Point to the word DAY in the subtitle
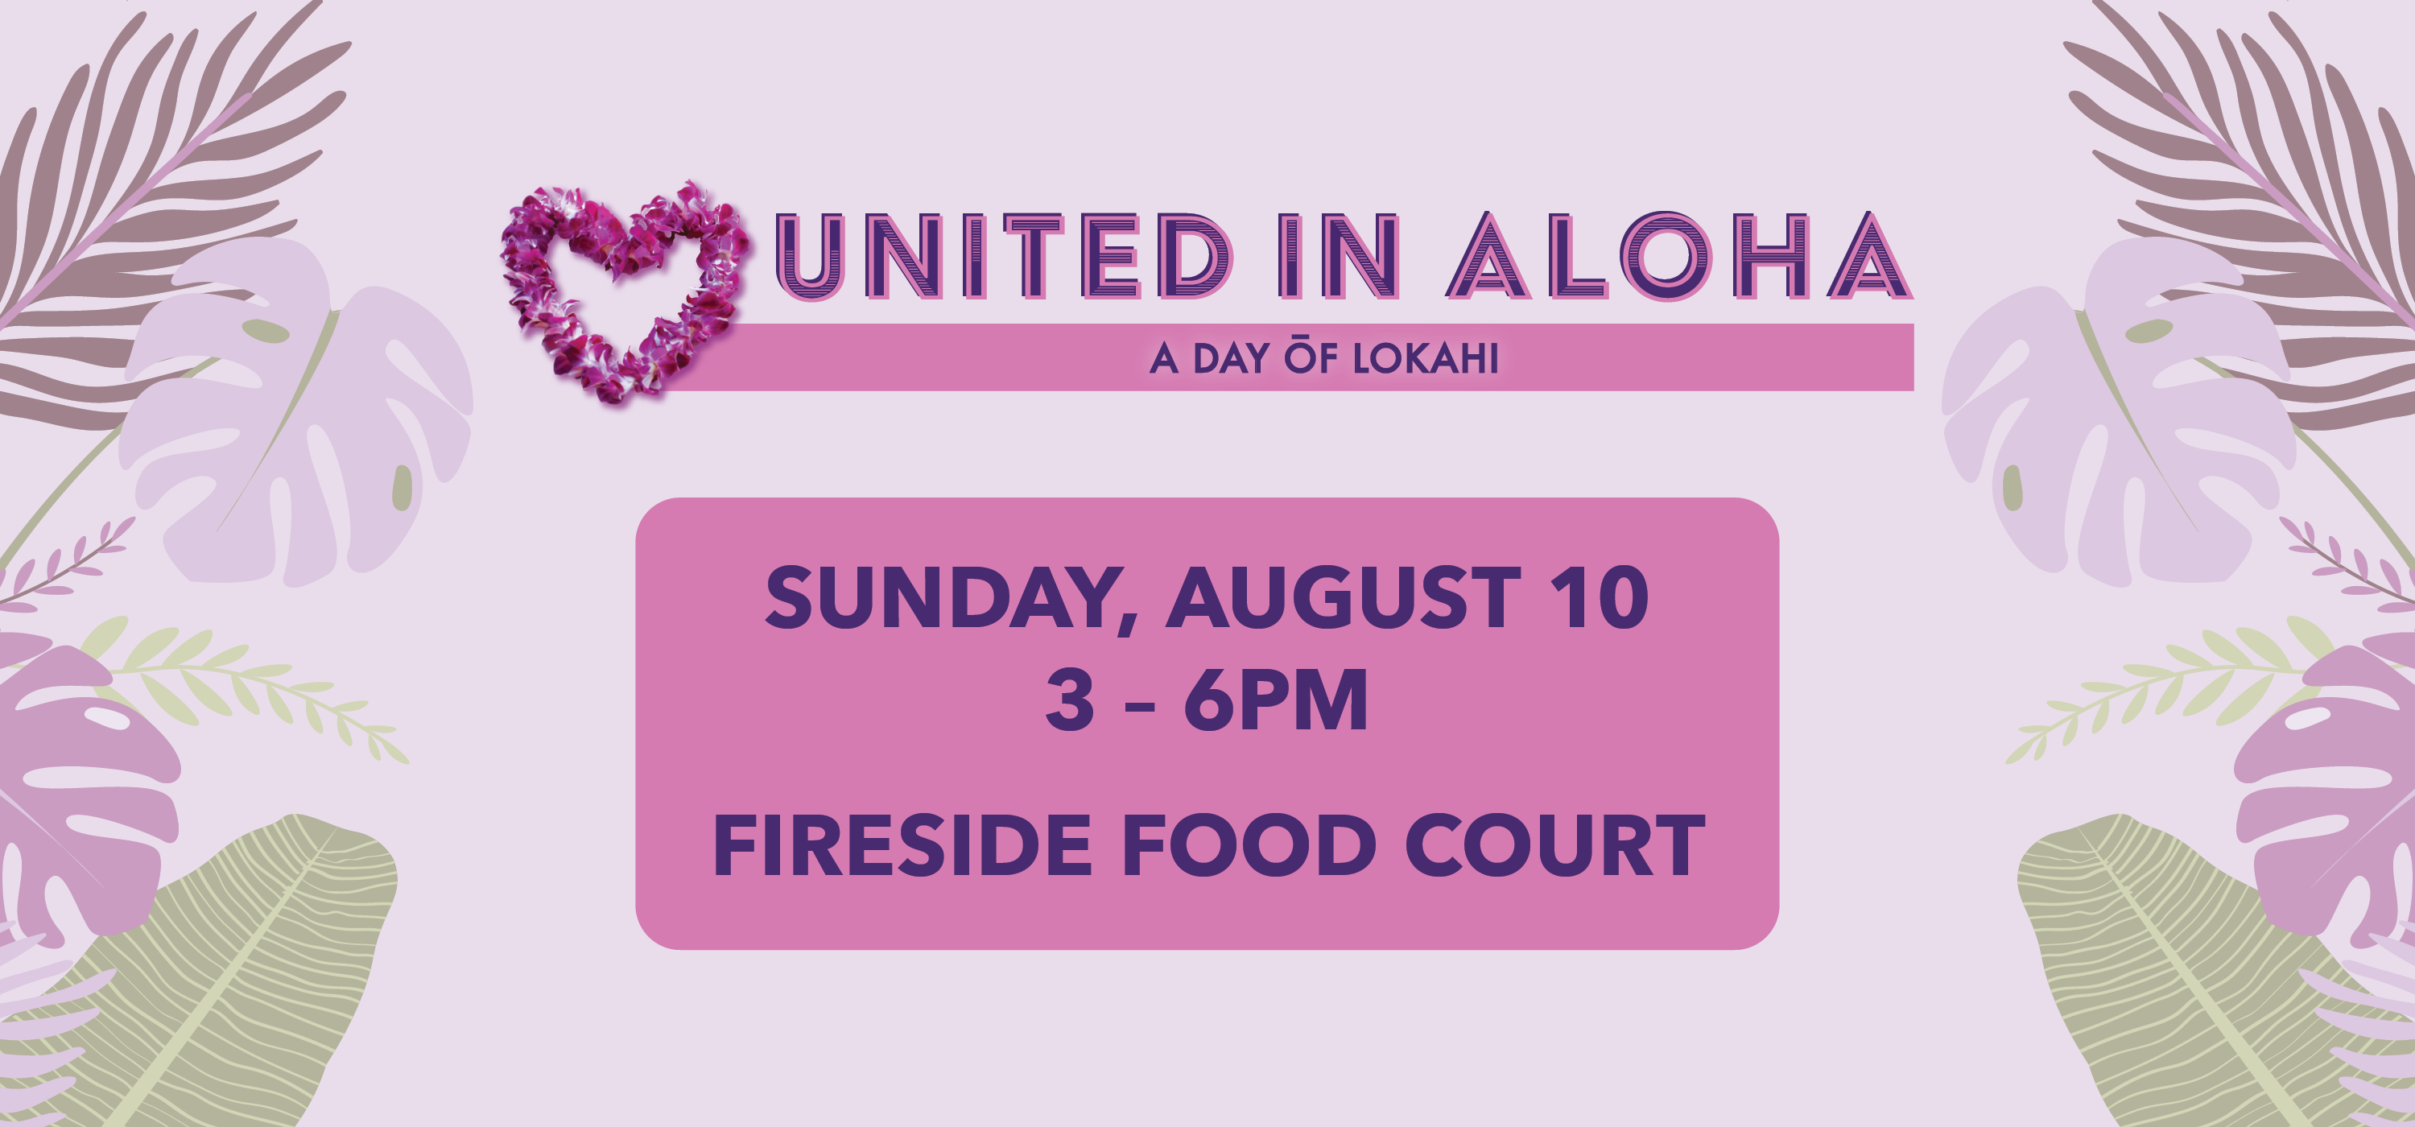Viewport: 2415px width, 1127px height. [1231, 358]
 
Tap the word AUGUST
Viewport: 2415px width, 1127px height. [1343, 598]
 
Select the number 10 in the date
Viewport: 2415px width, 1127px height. [1600, 598]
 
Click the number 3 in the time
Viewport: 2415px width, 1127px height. [1070, 700]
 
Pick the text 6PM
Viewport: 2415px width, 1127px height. [1276, 700]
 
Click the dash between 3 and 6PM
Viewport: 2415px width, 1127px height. [1139, 705]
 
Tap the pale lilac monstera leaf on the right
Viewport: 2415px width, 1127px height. [2119, 412]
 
